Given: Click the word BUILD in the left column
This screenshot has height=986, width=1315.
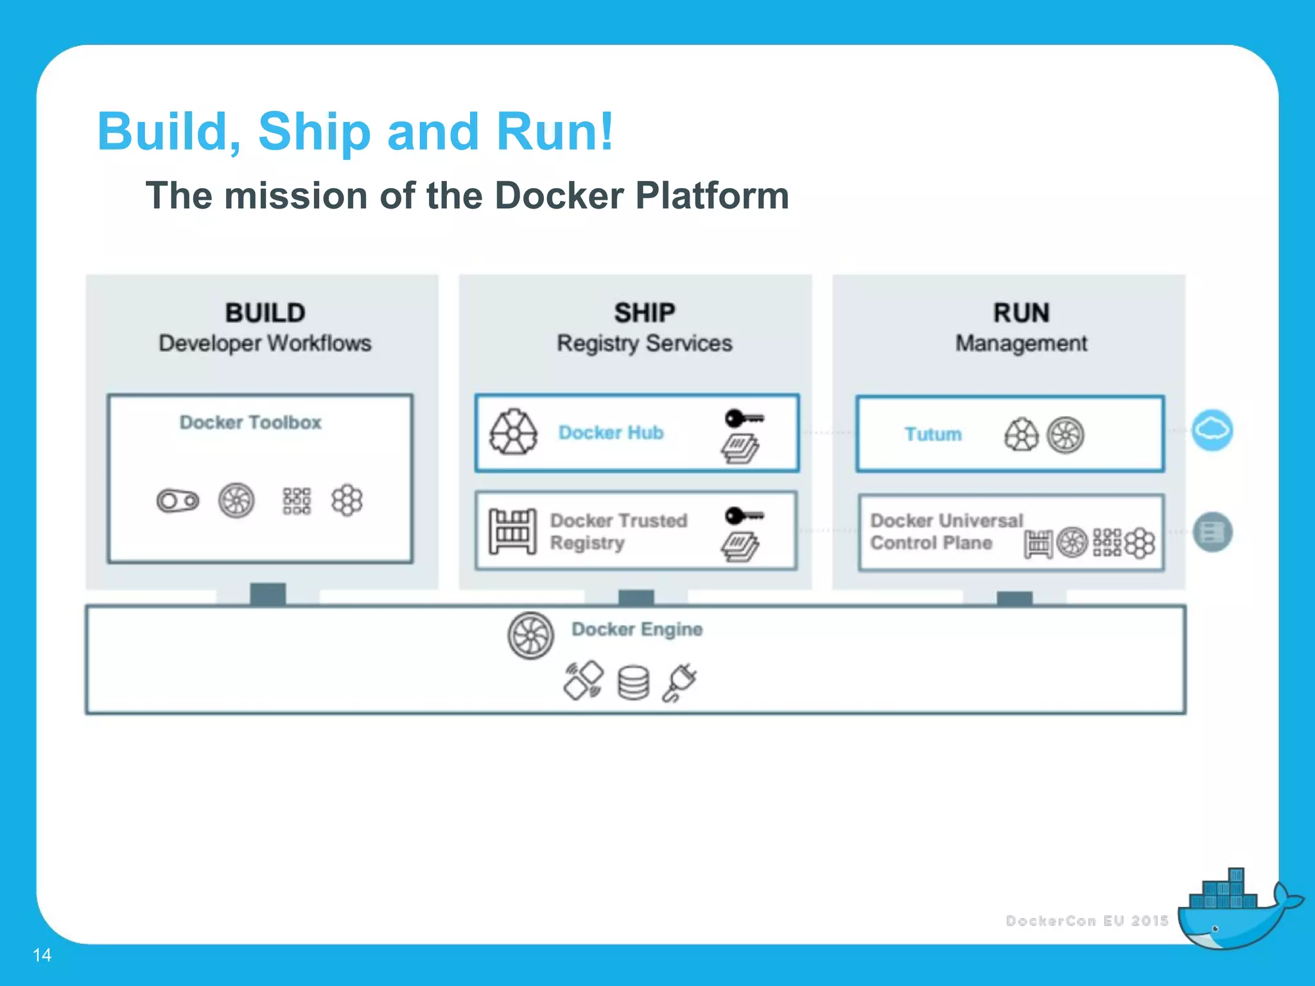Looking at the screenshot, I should click(x=265, y=313).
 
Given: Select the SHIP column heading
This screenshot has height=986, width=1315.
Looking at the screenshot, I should click(x=644, y=313).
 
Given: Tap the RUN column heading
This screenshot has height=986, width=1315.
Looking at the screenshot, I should click(x=1021, y=313).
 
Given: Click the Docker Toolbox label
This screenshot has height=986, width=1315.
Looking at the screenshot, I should click(x=250, y=422).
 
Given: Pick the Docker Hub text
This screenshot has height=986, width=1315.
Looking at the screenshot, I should click(x=611, y=433).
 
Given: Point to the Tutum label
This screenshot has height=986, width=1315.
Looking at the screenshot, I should click(x=933, y=435).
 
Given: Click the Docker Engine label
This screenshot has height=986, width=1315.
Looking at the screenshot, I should click(x=637, y=629).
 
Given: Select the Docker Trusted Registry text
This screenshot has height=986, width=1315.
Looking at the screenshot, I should click(x=618, y=532).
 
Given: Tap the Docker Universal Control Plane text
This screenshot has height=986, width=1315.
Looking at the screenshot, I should click(x=945, y=532).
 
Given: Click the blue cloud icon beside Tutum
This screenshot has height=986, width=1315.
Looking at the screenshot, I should click(x=1212, y=429).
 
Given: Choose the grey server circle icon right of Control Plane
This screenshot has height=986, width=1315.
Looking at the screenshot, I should click(x=1212, y=532).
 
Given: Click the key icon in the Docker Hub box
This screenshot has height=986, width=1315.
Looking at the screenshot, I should click(x=744, y=419).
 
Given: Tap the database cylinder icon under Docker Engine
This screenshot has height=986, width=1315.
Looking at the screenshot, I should click(x=633, y=683).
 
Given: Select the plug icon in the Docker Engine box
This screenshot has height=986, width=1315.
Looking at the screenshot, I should click(x=680, y=683).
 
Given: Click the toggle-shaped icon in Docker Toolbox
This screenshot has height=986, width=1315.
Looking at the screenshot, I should click(x=178, y=501).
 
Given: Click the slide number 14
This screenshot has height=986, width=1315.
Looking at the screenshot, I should click(x=42, y=955).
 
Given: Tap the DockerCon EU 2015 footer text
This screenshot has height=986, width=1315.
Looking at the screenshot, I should click(x=1086, y=921).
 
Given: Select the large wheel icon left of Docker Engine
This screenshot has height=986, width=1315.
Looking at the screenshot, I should click(x=530, y=636).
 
